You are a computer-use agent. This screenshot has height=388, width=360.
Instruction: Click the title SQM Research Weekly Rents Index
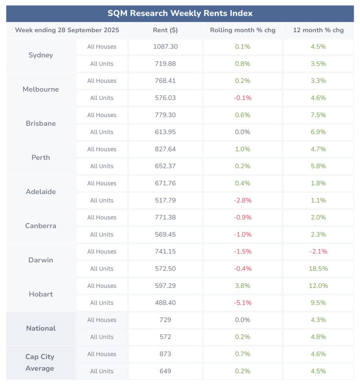[x=180, y=13]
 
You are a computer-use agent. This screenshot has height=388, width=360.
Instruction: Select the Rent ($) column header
[x=165, y=30]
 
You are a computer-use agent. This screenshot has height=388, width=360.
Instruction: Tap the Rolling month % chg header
[x=243, y=30]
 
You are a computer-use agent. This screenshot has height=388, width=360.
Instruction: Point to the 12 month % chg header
[x=318, y=30]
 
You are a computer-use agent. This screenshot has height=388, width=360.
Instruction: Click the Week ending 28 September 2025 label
[x=67, y=30]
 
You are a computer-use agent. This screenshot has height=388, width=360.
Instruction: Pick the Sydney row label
[x=41, y=55]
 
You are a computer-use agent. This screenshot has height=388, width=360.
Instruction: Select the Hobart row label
[x=41, y=294]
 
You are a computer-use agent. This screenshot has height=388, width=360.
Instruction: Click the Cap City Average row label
[x=40, y=363]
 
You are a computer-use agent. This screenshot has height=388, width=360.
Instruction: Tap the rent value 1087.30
[x=165, y=46]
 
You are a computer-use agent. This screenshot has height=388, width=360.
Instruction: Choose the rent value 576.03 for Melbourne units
[x=165, y=98]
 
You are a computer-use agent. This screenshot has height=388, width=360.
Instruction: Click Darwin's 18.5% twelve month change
[x=318, y=269]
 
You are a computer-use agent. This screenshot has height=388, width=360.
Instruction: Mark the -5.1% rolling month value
[x=243, y=303]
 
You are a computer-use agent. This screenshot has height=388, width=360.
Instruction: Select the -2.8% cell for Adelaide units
[x=243, y=200]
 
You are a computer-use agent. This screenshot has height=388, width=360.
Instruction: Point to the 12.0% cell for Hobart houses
[x=318, y=285]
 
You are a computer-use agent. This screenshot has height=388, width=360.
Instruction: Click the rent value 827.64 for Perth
[x=165, y=149]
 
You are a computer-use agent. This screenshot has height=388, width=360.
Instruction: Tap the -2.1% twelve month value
[x=318, y=251]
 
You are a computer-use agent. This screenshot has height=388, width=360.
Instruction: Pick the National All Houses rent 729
[x=165, y=320]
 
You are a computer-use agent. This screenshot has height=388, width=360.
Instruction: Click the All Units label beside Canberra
[x=102, y=234]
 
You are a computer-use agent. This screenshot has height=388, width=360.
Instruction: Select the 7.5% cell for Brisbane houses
[x=318, y=115]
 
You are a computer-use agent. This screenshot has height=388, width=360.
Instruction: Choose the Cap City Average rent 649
[x=165, y=371]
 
